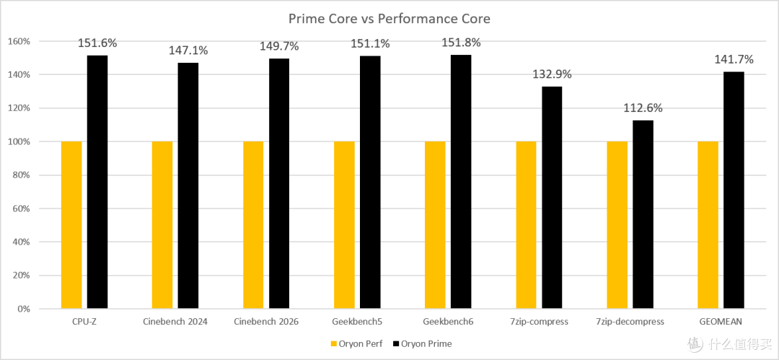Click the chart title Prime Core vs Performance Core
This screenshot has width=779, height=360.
389,19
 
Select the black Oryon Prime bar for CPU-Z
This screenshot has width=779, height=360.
97,182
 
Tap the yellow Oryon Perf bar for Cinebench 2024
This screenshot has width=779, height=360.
162,225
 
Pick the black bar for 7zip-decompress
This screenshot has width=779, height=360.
643,214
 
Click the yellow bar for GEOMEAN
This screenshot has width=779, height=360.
708,225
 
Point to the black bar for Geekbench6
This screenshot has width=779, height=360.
461,182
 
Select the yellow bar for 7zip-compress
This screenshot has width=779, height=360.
526,225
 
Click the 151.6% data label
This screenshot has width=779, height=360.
97,43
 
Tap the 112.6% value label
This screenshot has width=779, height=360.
643,108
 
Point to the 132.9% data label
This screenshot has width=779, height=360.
552,74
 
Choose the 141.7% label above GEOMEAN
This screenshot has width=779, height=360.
734,60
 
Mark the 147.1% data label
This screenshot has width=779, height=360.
188,51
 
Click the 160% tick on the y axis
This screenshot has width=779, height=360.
20,41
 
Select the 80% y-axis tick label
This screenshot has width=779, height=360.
22,175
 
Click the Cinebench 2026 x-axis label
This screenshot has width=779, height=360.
266,322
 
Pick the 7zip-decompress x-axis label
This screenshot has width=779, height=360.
630,322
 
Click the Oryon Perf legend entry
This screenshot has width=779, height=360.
356,343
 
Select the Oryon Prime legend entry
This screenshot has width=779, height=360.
422,343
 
